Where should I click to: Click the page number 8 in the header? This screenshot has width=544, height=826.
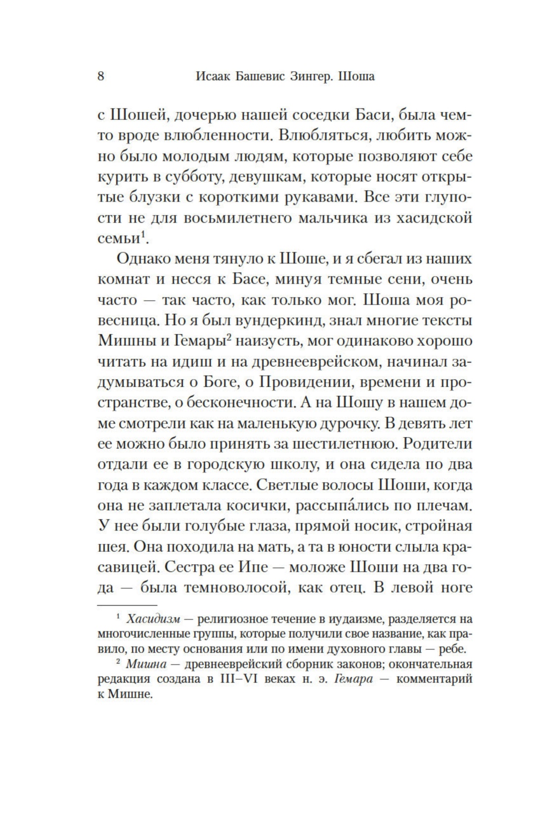101,76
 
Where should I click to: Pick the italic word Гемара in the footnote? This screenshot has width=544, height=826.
353,679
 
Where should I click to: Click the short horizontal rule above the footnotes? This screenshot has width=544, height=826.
127,605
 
